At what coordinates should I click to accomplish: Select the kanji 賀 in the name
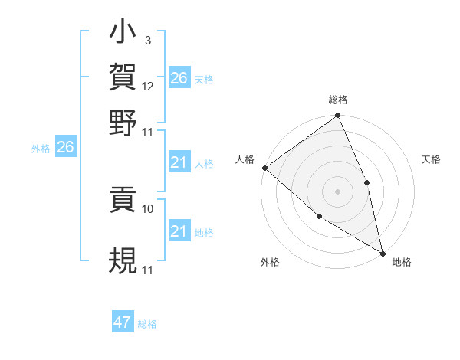coord(123,77)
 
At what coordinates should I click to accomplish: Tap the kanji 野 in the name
coord(123,123)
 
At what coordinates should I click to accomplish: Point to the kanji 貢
coord(123,200)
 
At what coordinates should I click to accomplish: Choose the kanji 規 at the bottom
coord(123,259)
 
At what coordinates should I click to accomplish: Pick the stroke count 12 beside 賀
coord(148,87)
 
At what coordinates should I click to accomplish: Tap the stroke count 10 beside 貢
coord(148,208)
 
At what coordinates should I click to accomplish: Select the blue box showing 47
coord(123,322)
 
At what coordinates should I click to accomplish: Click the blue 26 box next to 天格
coord(179,78)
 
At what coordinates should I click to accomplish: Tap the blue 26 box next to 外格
coord(65,147)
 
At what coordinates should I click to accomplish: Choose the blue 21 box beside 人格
coord(179,162)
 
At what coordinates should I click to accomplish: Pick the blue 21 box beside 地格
coord(179,231)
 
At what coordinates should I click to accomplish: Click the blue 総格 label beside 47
coord(147,324)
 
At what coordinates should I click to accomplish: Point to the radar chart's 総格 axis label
coord(338,100)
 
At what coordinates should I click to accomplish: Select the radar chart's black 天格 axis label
coord(431,159)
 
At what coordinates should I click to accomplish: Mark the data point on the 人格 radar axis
coord(264,168)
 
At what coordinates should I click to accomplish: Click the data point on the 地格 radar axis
coord(382,253)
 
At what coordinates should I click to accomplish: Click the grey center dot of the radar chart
coord(337,191)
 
